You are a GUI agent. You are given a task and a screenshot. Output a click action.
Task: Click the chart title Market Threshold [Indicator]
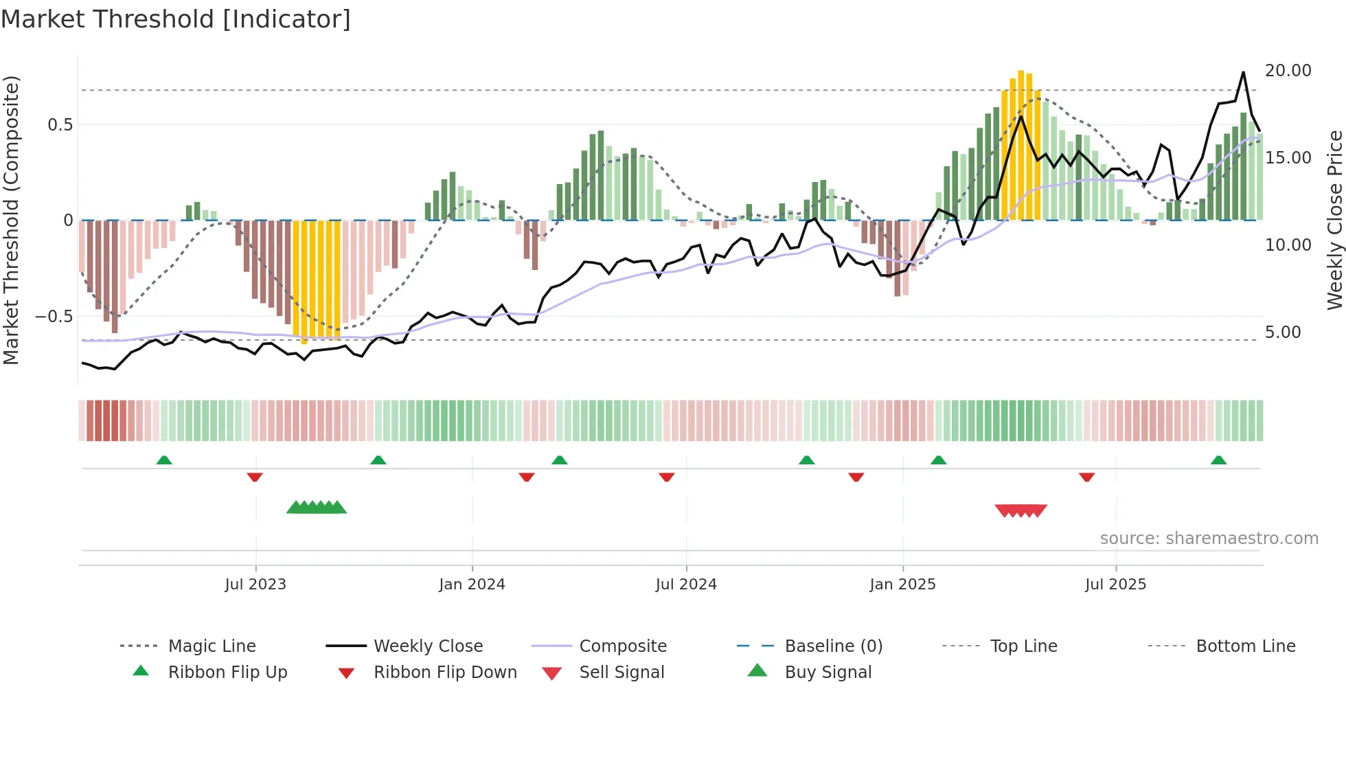176,19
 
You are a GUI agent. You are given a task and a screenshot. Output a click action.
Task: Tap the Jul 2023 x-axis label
255,585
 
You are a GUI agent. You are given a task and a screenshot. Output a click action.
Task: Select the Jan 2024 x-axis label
472,585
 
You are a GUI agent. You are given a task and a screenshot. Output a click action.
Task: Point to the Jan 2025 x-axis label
902,585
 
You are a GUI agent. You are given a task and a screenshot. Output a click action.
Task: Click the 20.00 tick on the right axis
1288,71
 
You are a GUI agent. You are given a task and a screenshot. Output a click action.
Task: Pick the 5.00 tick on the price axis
1283,332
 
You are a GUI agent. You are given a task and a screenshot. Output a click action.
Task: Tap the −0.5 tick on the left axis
54,317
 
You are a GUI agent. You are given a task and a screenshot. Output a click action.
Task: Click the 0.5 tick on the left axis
60,125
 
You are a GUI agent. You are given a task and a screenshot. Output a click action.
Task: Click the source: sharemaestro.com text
1209,539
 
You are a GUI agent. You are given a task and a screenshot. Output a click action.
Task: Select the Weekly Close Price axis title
1334,220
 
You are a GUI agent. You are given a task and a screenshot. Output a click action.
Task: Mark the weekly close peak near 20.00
1243,72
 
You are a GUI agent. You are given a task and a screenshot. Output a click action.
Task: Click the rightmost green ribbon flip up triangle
1218,460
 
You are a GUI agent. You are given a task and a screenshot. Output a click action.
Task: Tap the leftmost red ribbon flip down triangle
255,477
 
